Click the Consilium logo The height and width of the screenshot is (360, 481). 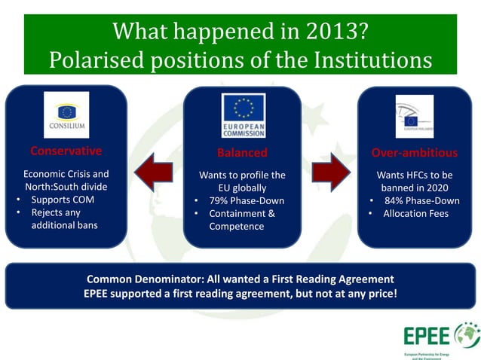point(66,114)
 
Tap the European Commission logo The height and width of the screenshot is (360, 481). point(243,115)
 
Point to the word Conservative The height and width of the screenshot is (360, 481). point(66,151)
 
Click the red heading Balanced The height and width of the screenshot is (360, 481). point(242,152)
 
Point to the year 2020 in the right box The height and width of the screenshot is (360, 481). point(432,188)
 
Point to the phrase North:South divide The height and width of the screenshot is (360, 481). point(66,188)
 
